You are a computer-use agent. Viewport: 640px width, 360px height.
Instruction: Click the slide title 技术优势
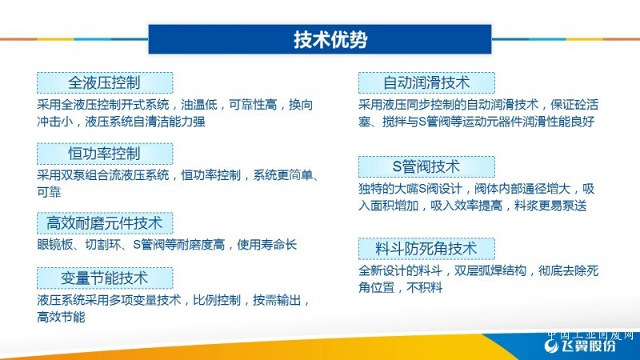[x=330, y=39]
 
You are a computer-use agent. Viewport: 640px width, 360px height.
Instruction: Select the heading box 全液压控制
[x=105, y=83]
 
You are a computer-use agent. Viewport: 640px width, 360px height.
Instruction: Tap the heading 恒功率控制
[x=105, y=154]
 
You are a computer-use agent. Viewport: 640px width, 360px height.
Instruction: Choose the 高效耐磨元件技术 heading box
[x=105, y=223]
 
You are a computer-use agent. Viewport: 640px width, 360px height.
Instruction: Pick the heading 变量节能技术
[x=105, y=278]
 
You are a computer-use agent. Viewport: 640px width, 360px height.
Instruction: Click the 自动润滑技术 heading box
[x=426, y=83]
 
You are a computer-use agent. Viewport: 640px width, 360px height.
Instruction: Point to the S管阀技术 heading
[x=426, y=166]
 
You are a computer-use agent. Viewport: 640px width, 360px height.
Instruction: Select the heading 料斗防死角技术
[x=426, y=249]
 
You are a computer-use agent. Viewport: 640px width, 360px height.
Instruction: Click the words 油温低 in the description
[x=199, y=105]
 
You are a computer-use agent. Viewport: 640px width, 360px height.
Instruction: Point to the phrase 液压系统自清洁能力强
[x=145, y=122]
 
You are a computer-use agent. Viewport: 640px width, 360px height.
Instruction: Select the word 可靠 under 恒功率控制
[x=49, y=192]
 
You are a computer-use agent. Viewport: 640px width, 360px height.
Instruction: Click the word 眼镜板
[x=55, y=245]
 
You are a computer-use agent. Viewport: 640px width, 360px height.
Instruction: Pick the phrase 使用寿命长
[x=267, y=245]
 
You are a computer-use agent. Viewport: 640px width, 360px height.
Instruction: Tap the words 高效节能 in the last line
[x=62, y=317]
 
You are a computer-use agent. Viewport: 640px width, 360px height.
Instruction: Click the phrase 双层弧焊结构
[x=490, y=270]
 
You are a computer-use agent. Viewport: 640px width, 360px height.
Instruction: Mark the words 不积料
[x=425, y=288]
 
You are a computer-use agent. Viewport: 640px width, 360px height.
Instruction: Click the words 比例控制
[x=217, y=301]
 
